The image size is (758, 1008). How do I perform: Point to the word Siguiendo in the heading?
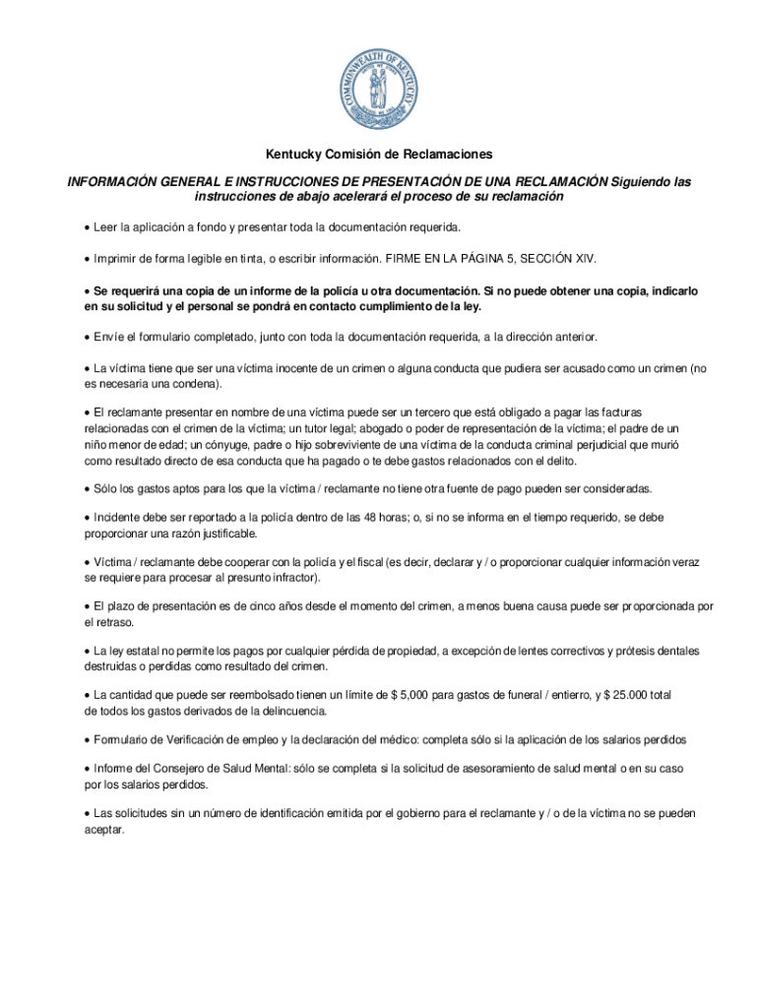pyautogui.click(x=640, y=182)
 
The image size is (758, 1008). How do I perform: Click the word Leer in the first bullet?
pyautogui.click(x=104, y=227)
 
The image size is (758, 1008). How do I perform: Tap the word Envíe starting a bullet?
pyautogui.click(x=109, y=338)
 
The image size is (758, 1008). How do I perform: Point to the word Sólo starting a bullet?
pyautogui.click(x=106, y=488)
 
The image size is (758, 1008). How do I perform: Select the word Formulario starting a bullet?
pyautogui.click(x=123, y=739)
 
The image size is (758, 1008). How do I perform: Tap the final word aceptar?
pyautogui.click(x=103, y=830)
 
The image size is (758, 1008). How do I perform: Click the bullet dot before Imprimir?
pyautogui.click(x=87, y=258)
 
